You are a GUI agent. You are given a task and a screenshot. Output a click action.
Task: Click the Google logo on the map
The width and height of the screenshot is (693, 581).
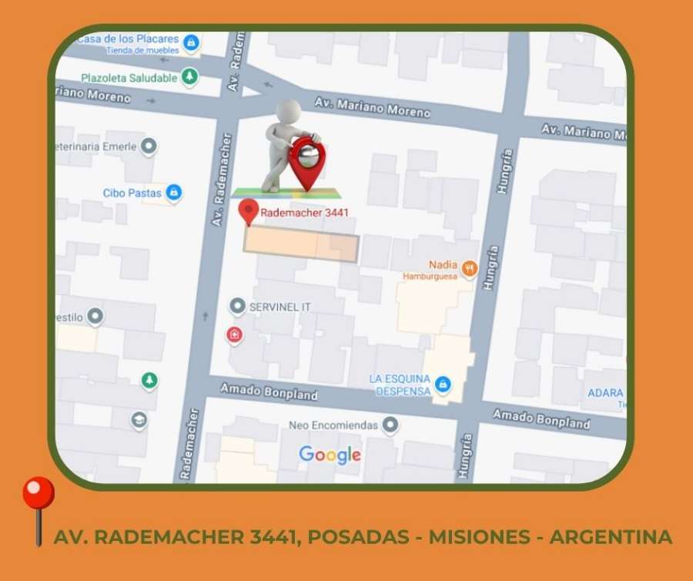coord(330,455)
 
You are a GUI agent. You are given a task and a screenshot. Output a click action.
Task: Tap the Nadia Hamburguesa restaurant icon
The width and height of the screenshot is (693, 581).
coord(470,269)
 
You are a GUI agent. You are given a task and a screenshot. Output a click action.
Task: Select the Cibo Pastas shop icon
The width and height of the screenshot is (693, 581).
coord(174,193)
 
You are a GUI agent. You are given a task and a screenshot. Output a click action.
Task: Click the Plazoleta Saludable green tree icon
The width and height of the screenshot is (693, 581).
coord(190,77)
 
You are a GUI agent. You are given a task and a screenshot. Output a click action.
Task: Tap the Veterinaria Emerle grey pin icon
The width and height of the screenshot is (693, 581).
coord(149,146)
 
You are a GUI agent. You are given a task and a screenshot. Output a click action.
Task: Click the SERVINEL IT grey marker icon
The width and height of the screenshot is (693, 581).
coord(237,307)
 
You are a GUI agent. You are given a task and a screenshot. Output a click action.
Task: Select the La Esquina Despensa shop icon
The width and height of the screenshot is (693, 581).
coord(442,383)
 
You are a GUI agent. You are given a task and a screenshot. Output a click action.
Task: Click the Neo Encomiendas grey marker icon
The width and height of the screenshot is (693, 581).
coord(390,424)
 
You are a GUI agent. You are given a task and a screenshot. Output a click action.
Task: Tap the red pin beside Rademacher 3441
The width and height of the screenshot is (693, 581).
coord(248,211)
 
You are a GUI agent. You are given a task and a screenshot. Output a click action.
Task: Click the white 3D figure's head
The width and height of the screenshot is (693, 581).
coord(290,109)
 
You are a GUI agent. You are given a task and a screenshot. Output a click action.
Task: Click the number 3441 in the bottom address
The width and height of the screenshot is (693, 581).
coord(269,536)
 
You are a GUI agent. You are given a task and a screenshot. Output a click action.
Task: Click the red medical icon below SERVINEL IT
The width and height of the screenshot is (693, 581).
coord(233,334)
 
